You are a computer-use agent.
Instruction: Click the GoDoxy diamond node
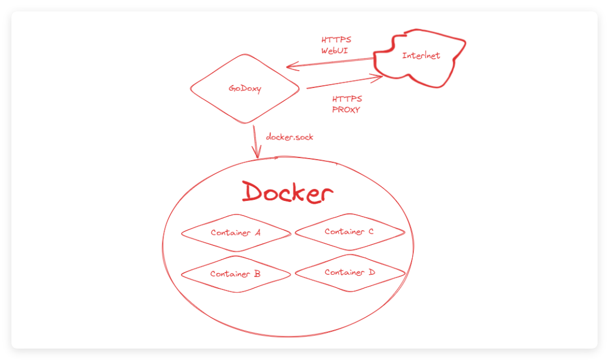click(244, 89)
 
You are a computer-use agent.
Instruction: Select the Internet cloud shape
click(420, 56)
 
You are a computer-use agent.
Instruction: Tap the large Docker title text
click(287, 192)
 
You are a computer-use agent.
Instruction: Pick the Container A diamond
click(235, 232)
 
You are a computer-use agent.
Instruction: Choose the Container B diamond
click(235, 274)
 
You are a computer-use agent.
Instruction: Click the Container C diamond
click(349, 231)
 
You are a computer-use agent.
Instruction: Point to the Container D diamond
click(350, 273)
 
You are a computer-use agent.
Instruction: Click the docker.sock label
click(290, 137)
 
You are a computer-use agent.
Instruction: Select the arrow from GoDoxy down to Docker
click(257, 141)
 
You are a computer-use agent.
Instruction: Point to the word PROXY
click(346, 109)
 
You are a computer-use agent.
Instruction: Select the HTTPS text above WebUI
click(337, 40)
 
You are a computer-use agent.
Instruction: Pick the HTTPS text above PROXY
click(347, 99)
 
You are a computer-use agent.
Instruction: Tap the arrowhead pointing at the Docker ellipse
click(258, 155)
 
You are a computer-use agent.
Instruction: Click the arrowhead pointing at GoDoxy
click(291, 66)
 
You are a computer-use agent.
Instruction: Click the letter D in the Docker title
click(252, 192)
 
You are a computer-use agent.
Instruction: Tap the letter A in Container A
click(257, 232)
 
